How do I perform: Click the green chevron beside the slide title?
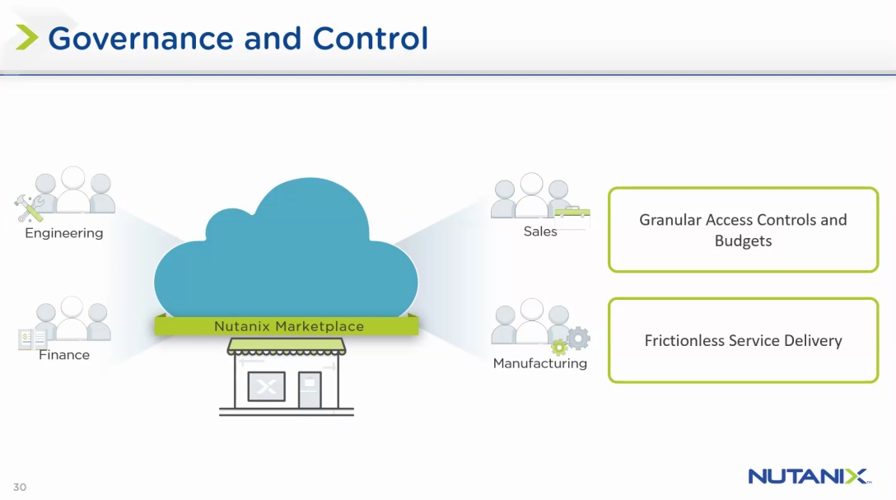tap(27, 38)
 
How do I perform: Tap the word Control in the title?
tap(371, 39)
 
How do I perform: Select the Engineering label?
tap(64, 233)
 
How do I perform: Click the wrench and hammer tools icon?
tap(29, 208)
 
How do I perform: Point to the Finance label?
tap(64, 355)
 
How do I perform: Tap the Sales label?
tap(540, 231)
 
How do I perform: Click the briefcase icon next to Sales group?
tap(572, 217)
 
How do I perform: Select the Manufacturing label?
tap(539, 363)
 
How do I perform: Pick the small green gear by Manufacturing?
tap(559, 347)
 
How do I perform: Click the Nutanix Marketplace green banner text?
tap(288, 326)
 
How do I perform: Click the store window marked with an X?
tap(266, 386)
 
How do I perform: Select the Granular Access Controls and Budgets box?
tap(743, 230)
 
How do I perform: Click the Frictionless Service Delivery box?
tap(743, 340)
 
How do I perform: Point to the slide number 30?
tap(20, 487)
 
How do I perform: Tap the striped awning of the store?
tap(287, 346)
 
